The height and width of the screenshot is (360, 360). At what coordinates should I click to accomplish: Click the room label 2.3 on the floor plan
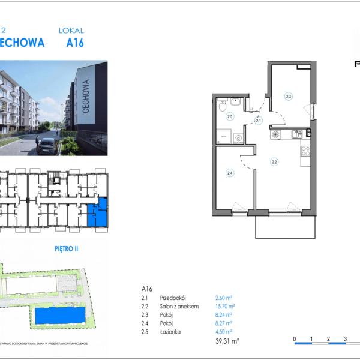point(289,96)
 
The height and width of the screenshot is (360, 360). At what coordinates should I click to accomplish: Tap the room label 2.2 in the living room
point(274,161)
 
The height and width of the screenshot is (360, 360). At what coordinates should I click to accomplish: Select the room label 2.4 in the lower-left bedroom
point(229,173)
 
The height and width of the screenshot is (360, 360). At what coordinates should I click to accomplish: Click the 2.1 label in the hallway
point(259,121)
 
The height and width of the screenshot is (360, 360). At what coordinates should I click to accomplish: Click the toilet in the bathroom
point(223,106)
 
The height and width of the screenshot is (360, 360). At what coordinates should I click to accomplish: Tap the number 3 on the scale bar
point(345,339)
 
